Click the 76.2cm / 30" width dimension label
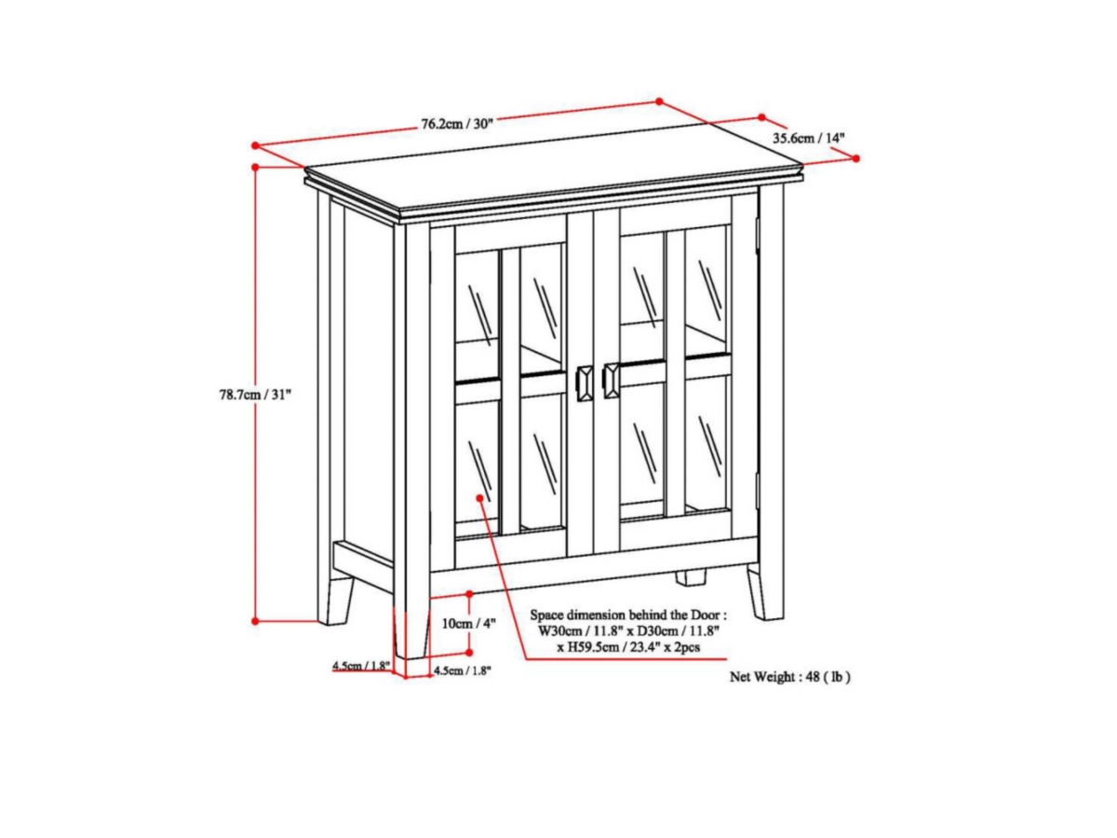456,124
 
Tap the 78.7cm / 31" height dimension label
255,394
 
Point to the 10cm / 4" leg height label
468,623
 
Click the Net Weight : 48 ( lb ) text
789,677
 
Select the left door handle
585,385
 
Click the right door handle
611,381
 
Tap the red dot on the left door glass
479,498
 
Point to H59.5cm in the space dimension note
585,647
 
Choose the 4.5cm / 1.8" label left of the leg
361,666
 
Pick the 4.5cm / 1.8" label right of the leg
462,670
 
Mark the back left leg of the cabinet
341,600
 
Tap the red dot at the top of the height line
255,167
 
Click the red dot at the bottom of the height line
255,621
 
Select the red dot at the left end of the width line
255,145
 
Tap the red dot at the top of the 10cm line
469,594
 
